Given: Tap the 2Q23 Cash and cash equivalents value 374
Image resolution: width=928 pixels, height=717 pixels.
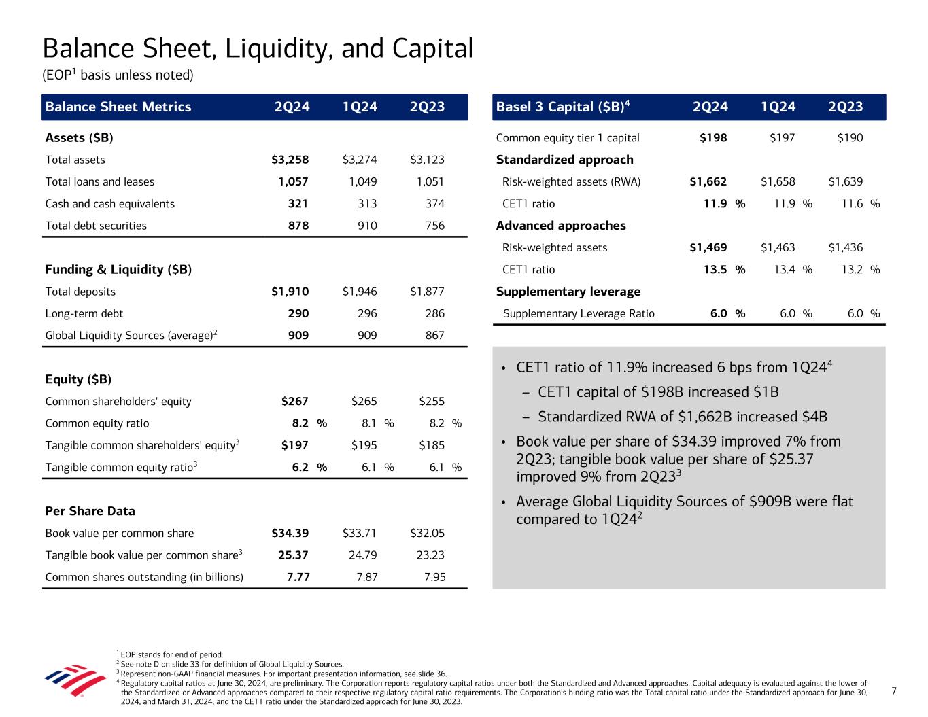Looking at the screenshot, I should point(434,204).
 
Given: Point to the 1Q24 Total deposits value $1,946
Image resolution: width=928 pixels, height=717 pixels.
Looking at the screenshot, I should point(360,292).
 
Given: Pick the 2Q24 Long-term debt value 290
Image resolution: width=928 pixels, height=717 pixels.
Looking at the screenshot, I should point(298,314).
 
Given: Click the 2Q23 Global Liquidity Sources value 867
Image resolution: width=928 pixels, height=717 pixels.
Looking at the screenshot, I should point(434,336).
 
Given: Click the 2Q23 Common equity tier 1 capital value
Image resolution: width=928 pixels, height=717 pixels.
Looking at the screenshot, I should point(850,138).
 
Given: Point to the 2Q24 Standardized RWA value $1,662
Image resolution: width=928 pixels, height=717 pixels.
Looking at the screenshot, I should point(708,182).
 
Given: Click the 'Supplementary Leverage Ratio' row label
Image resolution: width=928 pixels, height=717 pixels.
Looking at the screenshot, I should point(579,314).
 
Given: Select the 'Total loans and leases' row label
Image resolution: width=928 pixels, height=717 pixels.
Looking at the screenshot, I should point(99,182).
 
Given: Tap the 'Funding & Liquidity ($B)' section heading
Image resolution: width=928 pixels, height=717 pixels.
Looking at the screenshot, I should point(118,270).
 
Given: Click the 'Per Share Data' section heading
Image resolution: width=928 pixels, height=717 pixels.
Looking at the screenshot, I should point(90,511).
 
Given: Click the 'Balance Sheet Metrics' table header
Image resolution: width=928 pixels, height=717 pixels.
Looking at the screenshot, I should point(118,107).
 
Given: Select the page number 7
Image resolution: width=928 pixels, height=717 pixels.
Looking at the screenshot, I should point(894,691).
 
